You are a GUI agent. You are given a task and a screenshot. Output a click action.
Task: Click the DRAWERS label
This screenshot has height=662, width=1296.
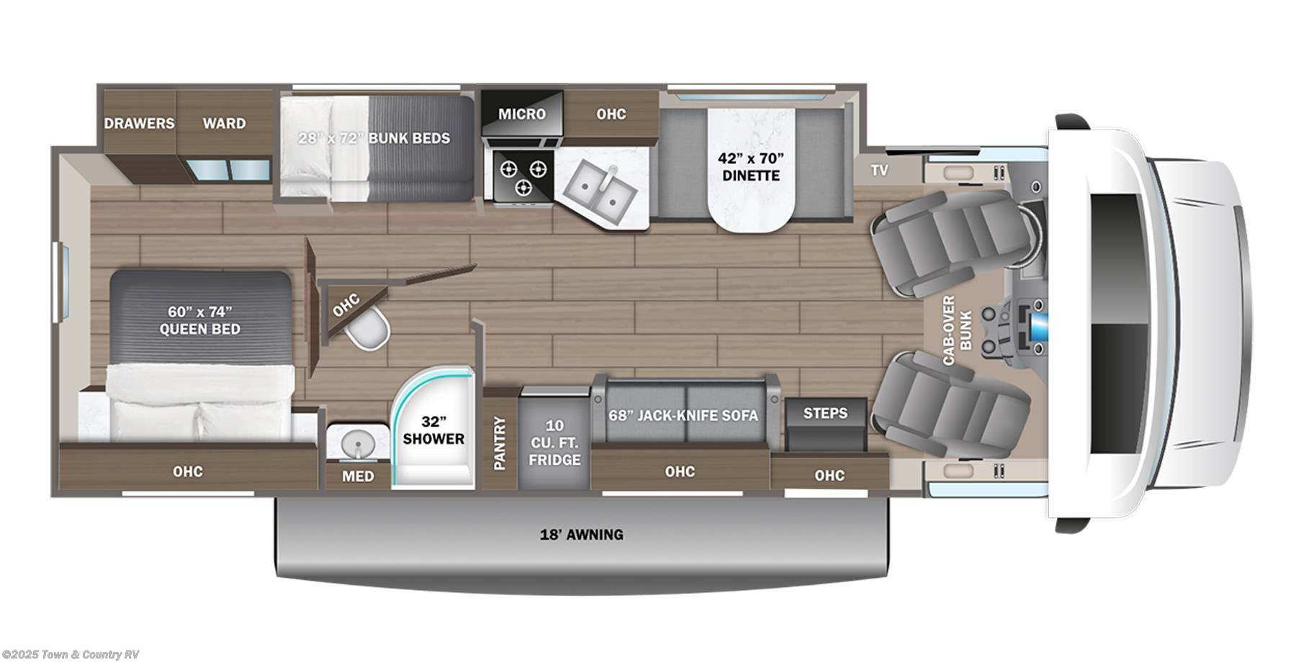pos(139,123)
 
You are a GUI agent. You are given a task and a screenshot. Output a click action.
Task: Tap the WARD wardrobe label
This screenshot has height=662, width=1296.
pos(224,123)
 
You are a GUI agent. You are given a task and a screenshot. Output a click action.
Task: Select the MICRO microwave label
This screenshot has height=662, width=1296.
pos(522,114)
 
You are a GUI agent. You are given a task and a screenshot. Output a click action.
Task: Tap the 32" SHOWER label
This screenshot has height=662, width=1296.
pos(433,430)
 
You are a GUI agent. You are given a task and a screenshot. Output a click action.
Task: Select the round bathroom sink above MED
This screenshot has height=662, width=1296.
pos(357,442)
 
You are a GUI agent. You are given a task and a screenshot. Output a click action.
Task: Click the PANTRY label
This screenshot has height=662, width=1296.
pos(500,443)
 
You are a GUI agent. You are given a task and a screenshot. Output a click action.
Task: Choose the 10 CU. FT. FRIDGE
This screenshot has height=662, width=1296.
pos(554,442)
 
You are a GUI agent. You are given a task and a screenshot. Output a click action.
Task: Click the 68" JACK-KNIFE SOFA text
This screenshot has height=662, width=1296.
pos(683,415)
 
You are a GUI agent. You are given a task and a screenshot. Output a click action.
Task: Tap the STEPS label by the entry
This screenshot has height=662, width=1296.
pos(825,412)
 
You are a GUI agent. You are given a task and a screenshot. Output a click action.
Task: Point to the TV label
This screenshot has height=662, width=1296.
pos(879,171)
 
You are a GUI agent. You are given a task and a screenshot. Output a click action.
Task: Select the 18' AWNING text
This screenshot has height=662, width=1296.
pos(582,535)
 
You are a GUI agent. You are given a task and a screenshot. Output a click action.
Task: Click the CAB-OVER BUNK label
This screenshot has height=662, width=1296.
pos(957,330)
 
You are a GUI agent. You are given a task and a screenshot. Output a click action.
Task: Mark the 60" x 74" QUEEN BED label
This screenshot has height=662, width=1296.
pos(200,320)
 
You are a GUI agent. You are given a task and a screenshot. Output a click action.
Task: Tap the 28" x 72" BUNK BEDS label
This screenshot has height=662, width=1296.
pos(374,137)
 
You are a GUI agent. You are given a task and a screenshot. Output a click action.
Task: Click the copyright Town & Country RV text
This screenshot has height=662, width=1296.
pos(71,654)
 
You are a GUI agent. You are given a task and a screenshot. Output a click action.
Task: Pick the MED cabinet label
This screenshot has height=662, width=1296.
pos(358,476)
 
